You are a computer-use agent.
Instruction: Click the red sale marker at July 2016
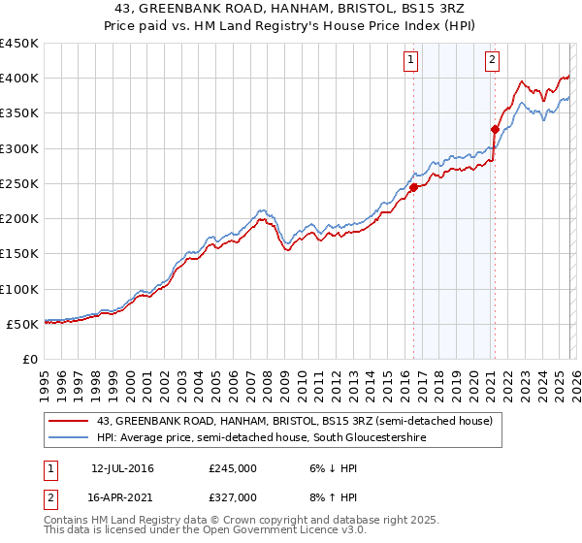tap(413, 187)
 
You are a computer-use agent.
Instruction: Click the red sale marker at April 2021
tap(495, 129)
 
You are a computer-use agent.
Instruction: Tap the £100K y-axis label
tap(19, 290)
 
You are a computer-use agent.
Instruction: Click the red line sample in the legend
tap(69, 421)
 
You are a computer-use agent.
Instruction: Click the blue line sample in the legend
tap(69, 438)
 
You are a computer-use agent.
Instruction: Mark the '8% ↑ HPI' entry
tap(333, 497)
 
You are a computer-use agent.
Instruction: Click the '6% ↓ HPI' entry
tap(333, 468)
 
